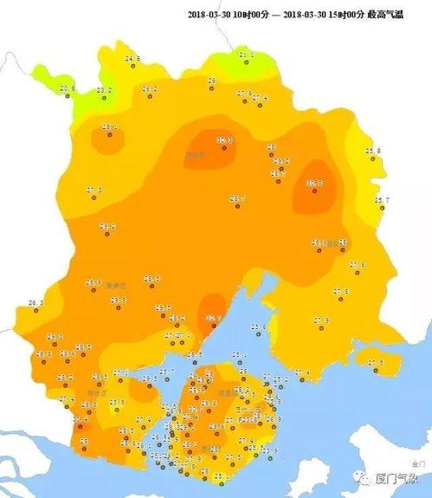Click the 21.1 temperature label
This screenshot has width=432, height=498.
(246, 55)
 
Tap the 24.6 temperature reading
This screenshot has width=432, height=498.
(132, 58)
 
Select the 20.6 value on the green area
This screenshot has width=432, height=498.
(68, 88)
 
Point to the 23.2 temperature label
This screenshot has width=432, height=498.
(105, 89)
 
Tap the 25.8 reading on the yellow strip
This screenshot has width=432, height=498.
(373, 151)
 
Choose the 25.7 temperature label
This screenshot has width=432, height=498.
(381, 200)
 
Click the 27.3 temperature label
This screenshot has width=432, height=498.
(93, 190)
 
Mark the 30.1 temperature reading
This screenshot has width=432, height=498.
(213, 318)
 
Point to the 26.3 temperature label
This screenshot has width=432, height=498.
(35, 302)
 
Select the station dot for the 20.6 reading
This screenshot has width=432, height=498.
(67, 96)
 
